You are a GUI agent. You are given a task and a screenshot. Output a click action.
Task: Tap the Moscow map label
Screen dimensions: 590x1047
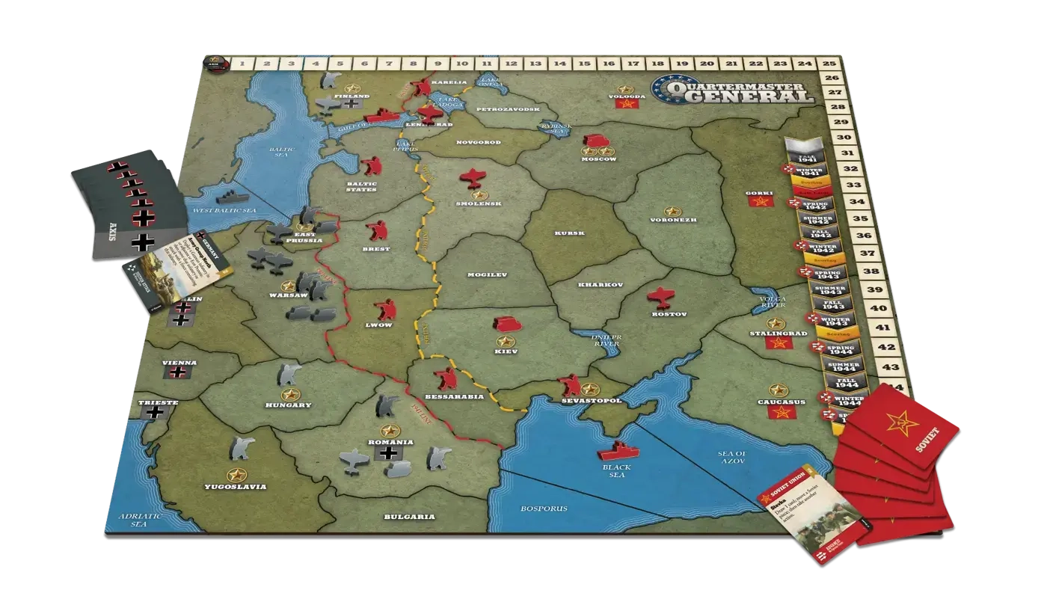[x=598, y=159]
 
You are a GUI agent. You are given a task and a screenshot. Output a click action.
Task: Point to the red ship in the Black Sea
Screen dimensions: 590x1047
[x=617, y=450]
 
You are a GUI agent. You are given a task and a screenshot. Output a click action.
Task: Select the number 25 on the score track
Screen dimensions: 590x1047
[x=829, y=64]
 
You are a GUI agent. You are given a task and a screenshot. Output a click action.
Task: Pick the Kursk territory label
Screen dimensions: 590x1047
[x=570, y=233]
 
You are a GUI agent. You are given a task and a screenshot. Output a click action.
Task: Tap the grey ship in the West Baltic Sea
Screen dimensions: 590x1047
[x=230, y=197]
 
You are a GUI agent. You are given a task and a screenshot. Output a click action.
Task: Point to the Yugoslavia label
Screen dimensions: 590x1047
[x=235, y=487]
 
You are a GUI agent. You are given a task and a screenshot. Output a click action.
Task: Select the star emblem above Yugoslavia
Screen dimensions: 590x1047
[x=238, y=473]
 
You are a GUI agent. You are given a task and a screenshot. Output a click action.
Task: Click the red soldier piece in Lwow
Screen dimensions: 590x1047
[x=386, y=309]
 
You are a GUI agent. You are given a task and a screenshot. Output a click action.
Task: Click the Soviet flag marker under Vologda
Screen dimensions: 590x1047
[x=624, y=105]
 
